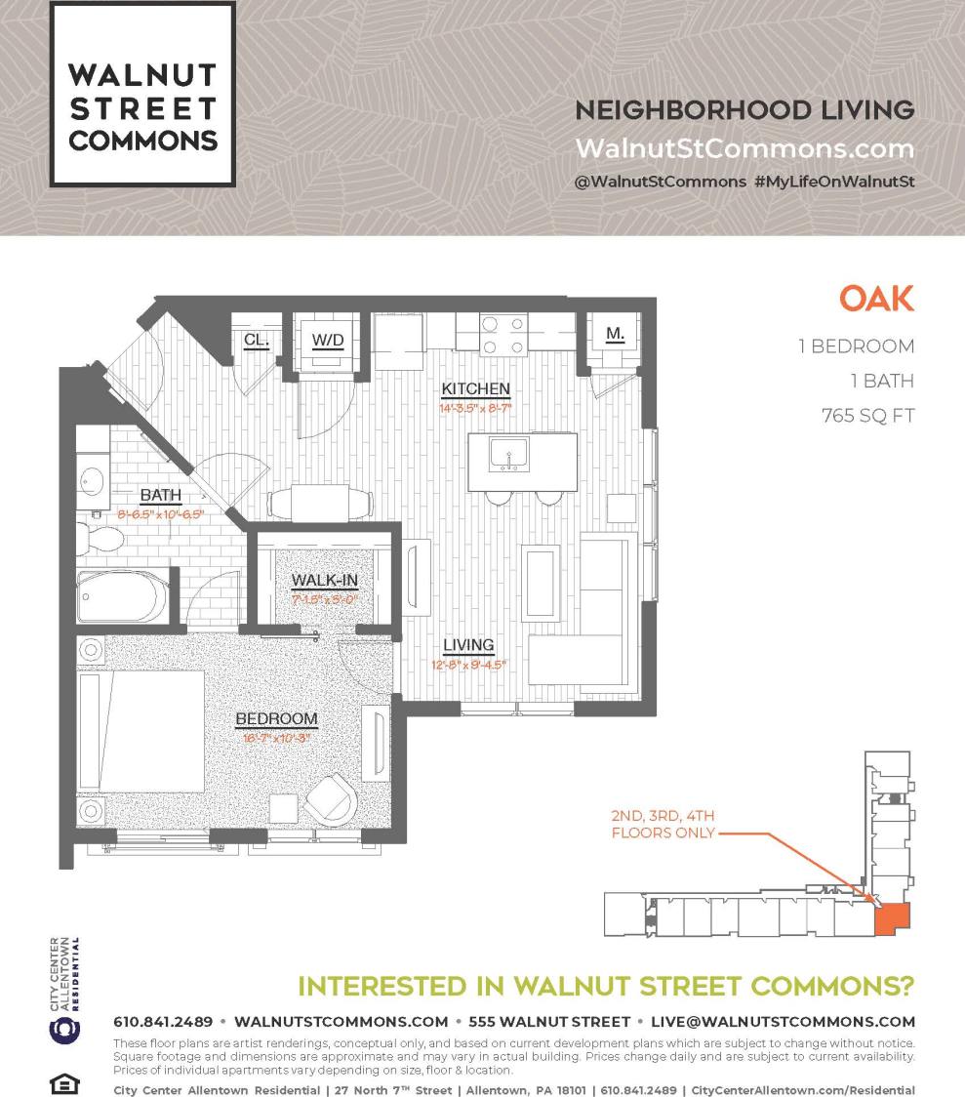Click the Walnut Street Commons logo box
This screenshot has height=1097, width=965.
coord(142,94)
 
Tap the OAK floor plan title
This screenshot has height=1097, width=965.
coord(876,299)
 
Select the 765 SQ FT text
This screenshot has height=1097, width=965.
coord(867,416)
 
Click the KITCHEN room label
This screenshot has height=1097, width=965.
coord(475,388)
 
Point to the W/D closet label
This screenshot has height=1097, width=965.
coord(328,341)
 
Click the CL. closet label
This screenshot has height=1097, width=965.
coord(257,340)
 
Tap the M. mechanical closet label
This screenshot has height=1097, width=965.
coord(615,334)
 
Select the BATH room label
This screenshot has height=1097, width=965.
coord(160,495)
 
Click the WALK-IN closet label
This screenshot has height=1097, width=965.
coord(325,581)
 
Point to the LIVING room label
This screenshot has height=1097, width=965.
coord(468,645)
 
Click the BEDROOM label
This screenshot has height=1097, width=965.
coord(276,719)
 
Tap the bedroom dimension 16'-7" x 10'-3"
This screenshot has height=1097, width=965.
coord(276,739)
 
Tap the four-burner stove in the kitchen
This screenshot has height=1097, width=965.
coord(503,334)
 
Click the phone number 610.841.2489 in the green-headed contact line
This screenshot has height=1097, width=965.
coord(163,1022)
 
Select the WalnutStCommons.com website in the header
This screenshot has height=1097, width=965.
coord(744,148)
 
